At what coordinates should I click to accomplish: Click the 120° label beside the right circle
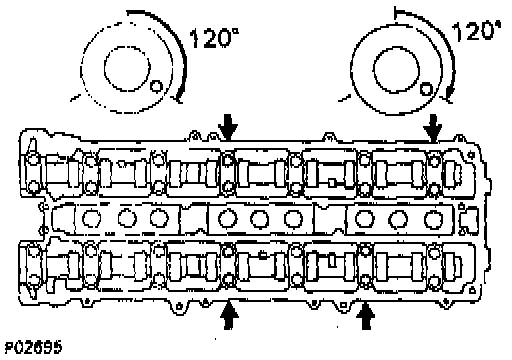[x=477, y=31]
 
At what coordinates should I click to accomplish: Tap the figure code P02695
[x=33, y=347]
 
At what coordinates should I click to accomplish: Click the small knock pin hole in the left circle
[x=156, y=86]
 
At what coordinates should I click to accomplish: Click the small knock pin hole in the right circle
[x=426, y=89]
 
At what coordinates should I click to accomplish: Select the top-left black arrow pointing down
[x=228, y=127]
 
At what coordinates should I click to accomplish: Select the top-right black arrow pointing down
[x=433, y=128]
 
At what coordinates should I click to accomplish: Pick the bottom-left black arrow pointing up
[x=229, y=315]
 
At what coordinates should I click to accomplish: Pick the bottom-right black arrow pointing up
[x=366, y=315]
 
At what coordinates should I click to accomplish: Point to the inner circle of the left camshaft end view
[x=127, y=46]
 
